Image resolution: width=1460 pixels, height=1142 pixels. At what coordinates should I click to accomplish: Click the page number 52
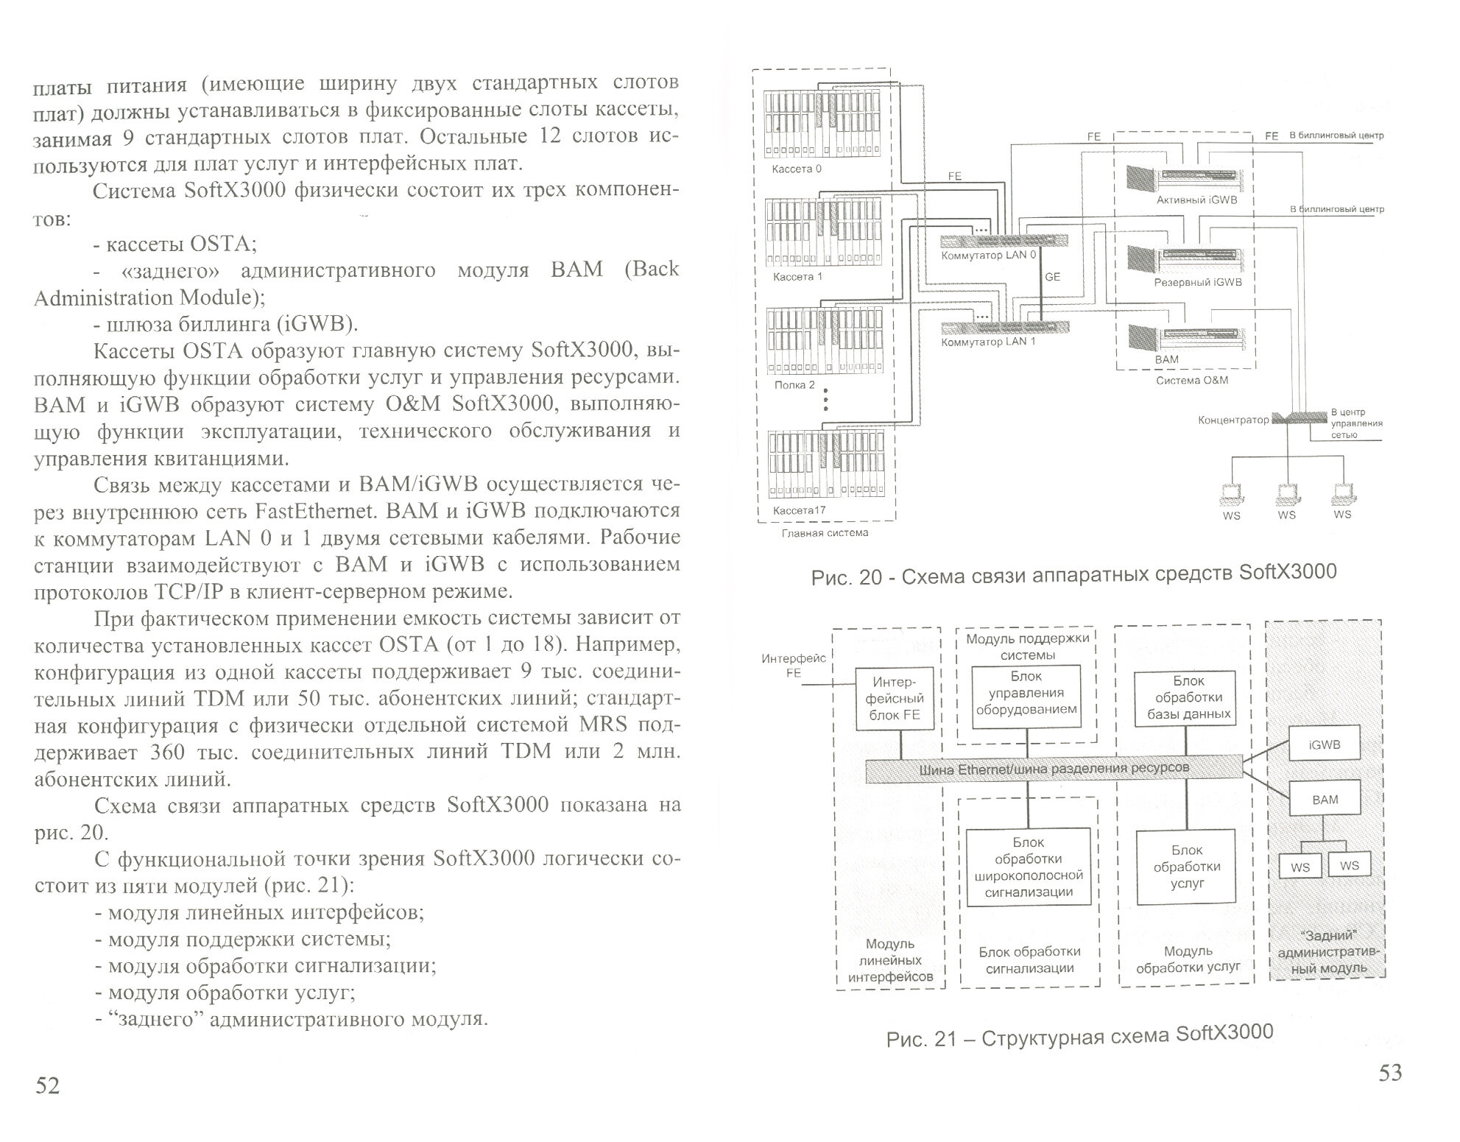coord(47,1086)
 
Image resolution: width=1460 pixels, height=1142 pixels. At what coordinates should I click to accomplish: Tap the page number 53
coord(1390,1074)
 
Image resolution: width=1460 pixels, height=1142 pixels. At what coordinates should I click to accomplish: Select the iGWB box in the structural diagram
coord(1325,745)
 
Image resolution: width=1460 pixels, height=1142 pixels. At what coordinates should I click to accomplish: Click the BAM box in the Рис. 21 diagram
coord(1325,800)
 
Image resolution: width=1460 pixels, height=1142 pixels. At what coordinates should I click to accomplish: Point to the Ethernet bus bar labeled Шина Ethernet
coord(1054,770)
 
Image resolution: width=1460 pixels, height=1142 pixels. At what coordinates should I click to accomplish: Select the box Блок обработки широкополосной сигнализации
coord(1028,867)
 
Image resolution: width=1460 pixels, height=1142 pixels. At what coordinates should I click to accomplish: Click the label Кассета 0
coord(796,169)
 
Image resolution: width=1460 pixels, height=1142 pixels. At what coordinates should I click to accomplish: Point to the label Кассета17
coord(799,510)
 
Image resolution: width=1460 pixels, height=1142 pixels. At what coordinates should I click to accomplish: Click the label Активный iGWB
coord(1196,200)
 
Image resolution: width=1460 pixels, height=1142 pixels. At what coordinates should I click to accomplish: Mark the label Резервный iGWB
coord(1197,283)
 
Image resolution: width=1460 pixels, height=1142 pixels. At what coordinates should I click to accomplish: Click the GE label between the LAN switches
coord(1052,277)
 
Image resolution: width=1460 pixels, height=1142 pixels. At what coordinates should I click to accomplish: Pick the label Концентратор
coord(1233,420)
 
